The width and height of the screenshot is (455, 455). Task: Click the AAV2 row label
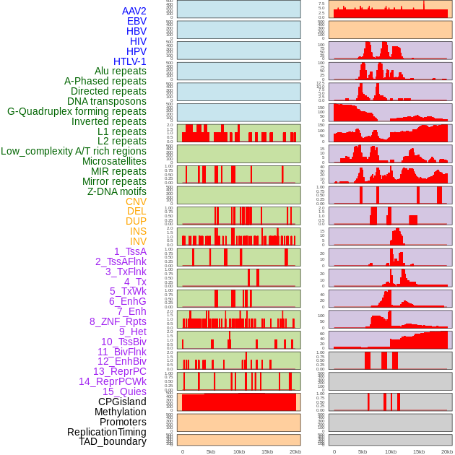tap(134, 11)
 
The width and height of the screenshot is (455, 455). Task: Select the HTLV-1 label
tap(129, 61)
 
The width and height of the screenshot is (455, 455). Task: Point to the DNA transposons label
tap(106, 101)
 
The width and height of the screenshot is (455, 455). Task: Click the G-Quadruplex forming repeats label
tap(77, 111)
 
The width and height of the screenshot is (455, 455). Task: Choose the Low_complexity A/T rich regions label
tap(74, 151)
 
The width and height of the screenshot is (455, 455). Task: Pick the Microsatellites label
tap(114, 161)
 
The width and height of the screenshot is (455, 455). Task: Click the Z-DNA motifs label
tap(117, 191)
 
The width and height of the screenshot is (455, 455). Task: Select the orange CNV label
tap(136, 201)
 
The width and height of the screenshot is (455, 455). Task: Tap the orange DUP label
tap(136, 221)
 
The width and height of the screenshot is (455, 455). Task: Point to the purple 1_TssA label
tap(130, 251)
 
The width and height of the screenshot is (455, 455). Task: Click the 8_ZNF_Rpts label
tap(118, 321)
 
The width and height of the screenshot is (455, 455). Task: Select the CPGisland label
tap(122, 402)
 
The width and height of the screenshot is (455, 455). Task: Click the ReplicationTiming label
tap(106, 432)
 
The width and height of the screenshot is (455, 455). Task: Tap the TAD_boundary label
tap(112, 441)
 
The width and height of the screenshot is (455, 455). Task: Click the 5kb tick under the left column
tap(211, 451)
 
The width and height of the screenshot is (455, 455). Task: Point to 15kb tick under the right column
tap(418, 451)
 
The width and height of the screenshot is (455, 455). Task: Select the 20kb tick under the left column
tap(295, 451)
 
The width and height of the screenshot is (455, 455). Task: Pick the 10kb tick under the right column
tap(391, 451)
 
